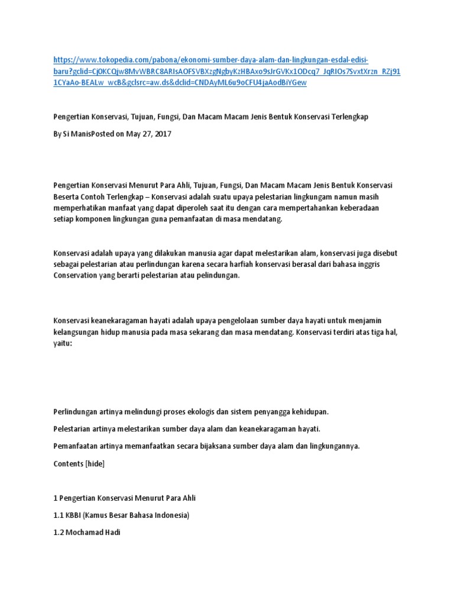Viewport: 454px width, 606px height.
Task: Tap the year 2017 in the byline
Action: (162, 134)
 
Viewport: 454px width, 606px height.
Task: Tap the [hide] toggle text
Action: (95, 464)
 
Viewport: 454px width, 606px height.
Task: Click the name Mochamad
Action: (85, 532)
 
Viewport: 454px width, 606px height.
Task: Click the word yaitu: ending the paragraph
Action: (62, 343)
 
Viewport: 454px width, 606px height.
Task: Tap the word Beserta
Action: (66, 197)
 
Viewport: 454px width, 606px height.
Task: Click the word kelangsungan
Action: (75, 332)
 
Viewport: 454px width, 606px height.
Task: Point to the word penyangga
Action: (274, 411)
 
